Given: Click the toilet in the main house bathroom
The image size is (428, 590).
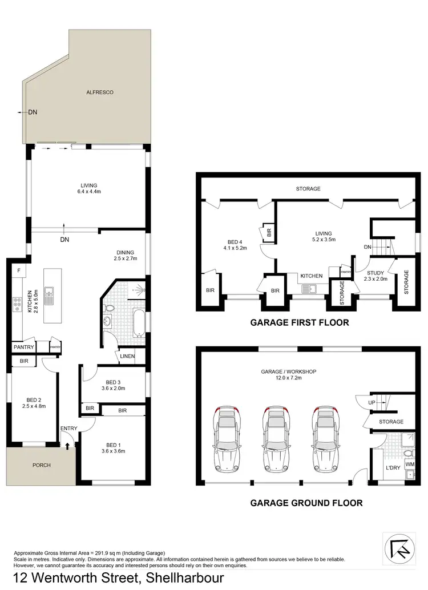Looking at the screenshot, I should [x=111, y=309].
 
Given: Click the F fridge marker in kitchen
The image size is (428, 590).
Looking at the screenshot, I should [x=19, y=270].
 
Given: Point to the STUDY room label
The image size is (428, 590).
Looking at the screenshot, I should [x=375, y=273].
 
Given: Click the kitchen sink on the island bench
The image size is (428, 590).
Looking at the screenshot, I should [x=49, y=294].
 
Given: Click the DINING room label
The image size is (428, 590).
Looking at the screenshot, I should [x=125, y=252].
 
